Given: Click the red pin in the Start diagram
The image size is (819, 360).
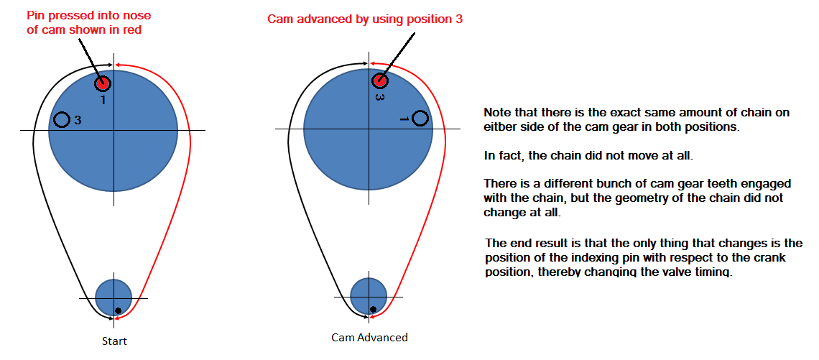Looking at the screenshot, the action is pyautogui.click(x=103, y=83).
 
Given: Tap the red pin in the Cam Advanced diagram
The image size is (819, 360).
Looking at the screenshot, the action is pyautogui.click(x=380, y=81).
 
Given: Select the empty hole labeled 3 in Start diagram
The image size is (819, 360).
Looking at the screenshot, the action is pyautogui.click(x=63, y=120).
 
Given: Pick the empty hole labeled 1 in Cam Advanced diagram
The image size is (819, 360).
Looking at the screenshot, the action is pyautogui.click(x=420, y=118).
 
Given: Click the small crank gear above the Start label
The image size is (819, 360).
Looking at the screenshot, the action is pyautogui.click(x=114, y=297).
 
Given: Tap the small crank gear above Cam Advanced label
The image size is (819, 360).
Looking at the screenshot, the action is pyautogui.click(x=369, y=296).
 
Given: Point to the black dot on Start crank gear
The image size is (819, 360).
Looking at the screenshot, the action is pyautogui.click(x=118, y=311).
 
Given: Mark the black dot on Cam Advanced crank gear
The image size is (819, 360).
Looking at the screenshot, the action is pyautogui.click(x=373, y=309).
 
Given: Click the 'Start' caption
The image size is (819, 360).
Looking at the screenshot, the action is pyautogui.click(x=114, y=342).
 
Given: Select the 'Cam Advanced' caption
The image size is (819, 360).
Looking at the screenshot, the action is pyautogui.click(x=370, y=337).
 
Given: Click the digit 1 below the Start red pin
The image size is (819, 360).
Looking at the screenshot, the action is pyautogui.click(x=103, y=99).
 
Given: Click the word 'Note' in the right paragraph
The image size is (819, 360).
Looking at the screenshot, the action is pyautogui.click(x=496, y=113).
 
